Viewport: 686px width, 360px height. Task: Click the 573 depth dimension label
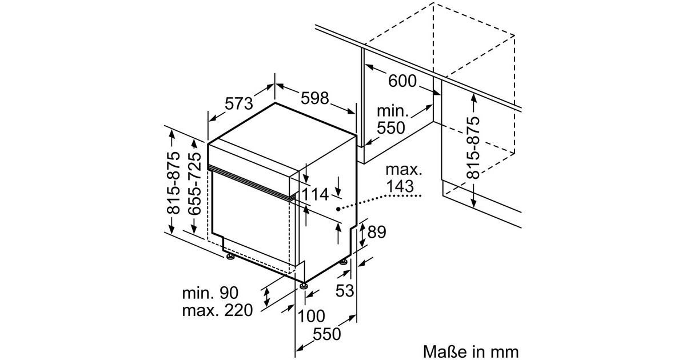coord(238,104)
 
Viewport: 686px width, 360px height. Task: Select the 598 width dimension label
coord(315,99)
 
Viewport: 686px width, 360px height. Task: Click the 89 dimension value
coord(376,232)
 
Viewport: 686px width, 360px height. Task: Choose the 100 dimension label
coord(311,316)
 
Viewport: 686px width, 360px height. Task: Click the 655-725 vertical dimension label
coord(195,183)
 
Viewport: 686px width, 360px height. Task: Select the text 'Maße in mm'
coord(470,350)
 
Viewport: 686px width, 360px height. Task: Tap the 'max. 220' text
coord(217,311)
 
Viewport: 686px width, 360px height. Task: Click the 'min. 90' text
coord(210,294)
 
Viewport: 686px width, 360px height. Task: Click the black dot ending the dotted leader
coord(339,209)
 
